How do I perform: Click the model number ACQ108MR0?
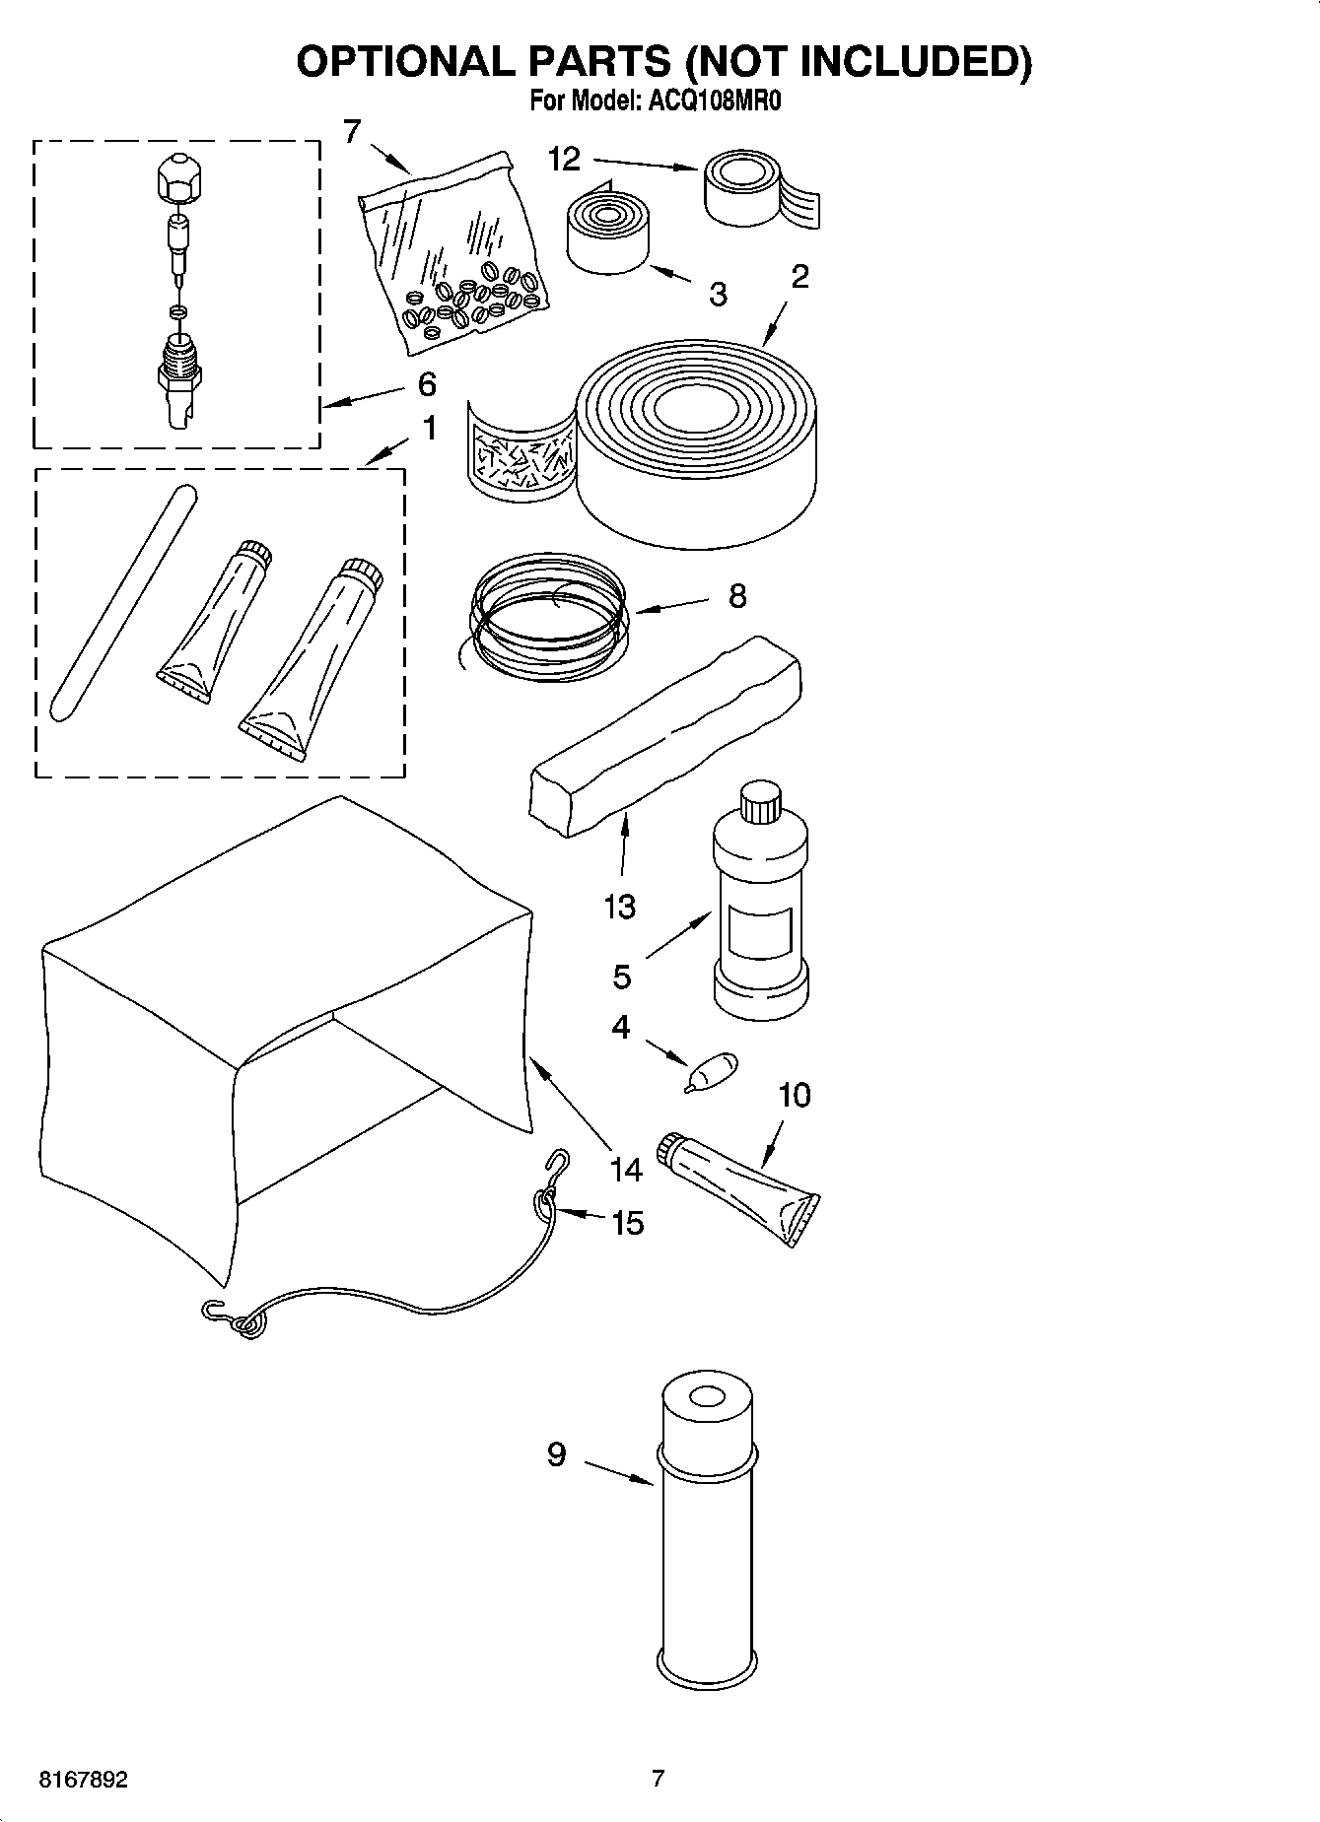point(712,101)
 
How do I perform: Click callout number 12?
point(565,160)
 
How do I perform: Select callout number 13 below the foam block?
point(620,906)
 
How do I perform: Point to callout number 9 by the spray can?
point(556,1454)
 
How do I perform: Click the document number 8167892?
point(83,1781)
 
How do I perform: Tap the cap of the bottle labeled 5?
point(760,801)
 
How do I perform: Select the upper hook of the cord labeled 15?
point(558,1163)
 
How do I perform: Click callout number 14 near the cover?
point(625,1170)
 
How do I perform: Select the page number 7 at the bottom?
point(659,1779)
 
